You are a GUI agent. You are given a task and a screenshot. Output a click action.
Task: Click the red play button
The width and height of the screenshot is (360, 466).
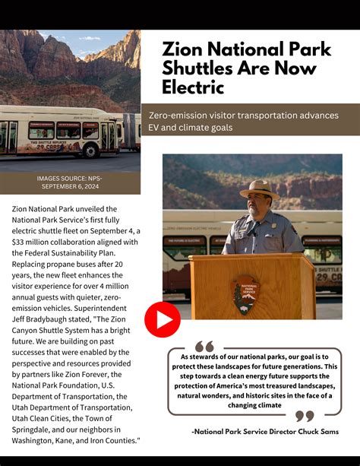(163, 319)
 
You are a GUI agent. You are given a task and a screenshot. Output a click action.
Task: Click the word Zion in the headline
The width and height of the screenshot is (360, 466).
(182, 49)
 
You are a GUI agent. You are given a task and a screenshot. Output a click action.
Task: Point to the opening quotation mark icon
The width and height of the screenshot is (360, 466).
(204, 347)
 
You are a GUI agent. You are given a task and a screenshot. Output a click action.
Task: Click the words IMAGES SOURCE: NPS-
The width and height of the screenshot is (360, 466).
(69, 178)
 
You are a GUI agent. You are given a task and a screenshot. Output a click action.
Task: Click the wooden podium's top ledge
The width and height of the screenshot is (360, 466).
(251, 258)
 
